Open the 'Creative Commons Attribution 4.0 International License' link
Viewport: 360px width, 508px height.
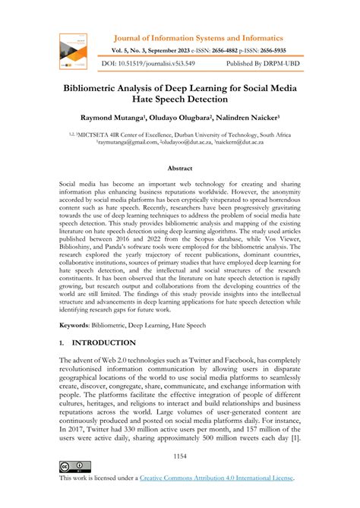click(218, 478)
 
